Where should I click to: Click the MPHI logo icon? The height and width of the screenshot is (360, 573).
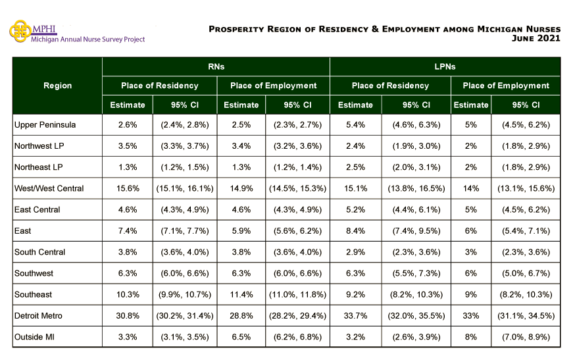pos(20,30)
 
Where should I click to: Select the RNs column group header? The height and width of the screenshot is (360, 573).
pos(216,67)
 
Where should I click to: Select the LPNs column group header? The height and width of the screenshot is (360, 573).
pos(445,67)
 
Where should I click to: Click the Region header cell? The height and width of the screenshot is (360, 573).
pos(57,86)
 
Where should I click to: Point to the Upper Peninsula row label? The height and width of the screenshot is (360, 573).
pos(45,125)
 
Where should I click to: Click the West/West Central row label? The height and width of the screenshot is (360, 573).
pos(49,189)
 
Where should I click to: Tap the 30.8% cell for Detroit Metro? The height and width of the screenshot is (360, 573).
pos(128,316)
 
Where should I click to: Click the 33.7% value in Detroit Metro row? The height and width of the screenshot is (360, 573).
pos(355,316)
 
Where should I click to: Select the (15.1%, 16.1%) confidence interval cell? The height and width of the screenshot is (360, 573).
pos(185,189)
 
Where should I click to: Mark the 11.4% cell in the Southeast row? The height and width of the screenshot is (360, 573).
pos(241,295)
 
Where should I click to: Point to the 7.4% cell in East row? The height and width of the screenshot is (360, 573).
pos(128,231)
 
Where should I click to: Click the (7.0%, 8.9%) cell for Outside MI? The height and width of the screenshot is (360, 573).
pos(526,337)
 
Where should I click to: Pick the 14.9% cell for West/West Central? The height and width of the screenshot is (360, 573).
pos(241,189)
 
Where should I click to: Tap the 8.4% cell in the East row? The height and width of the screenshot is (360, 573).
pos(355,231)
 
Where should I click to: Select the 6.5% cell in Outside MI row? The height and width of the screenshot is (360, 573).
pos(241,337)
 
